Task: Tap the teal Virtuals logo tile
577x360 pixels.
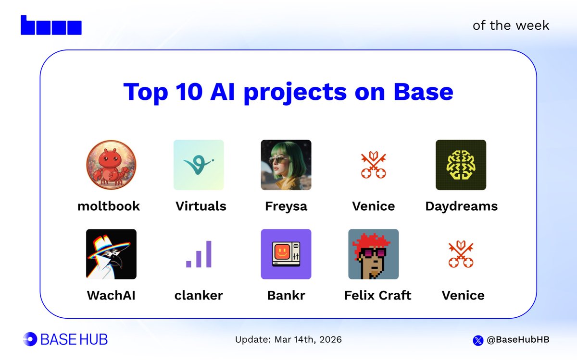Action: click(199, 165)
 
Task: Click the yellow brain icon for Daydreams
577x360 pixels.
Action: click(461, 165)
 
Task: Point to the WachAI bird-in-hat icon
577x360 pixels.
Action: click(111, 254)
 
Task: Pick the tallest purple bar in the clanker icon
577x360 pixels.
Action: click(208, 254)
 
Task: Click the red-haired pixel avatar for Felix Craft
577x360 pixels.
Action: click(373, 254)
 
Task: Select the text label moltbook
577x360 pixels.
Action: click(109, 206)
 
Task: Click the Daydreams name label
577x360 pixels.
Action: click(461, 206)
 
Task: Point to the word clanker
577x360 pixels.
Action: click(199, 295)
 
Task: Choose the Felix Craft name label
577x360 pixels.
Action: click(377, 295)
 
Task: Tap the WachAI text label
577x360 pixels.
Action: click(111, 295)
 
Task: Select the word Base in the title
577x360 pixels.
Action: click(423, 91)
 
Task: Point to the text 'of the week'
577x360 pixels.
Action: click(511, 25)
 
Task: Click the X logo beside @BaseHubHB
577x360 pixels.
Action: click(478, 340)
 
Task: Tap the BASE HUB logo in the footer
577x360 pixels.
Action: click(65, 339)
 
